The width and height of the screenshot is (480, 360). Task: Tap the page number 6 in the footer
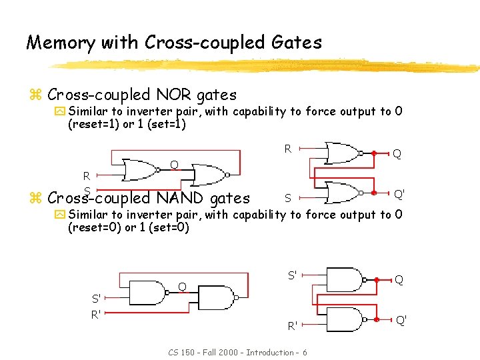305,352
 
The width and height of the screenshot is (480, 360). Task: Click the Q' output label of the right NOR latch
400,194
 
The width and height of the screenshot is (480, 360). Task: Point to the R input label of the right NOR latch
288,149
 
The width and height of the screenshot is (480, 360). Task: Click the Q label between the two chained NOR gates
173,165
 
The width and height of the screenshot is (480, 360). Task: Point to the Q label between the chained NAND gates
181,287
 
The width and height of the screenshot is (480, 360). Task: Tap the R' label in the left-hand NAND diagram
97,313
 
